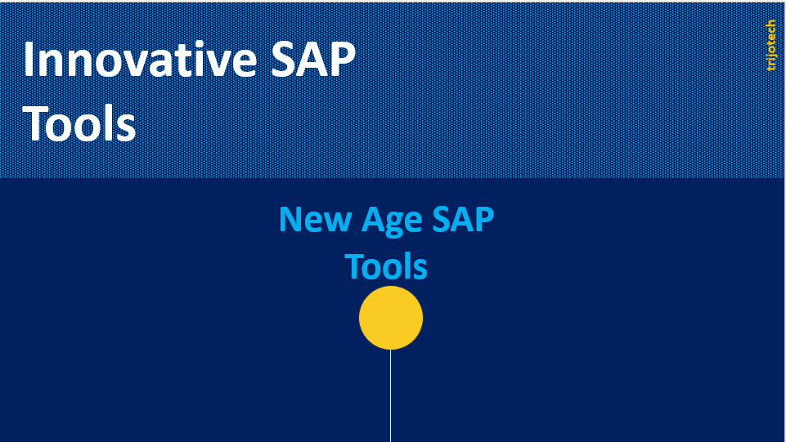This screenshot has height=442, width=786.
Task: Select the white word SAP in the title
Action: tap(313, 60)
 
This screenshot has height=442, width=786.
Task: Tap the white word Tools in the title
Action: tap(79, 123)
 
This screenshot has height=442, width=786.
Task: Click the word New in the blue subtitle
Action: tap(315, 219)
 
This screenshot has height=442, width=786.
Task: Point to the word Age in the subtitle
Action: tap(392, 221)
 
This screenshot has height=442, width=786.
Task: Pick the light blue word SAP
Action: tap(463, 219)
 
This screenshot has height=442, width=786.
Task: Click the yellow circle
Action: tap(391, 318)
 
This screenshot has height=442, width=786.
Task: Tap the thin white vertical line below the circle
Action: tap(390, 396)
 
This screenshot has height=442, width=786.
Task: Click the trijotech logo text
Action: tap(771, 45)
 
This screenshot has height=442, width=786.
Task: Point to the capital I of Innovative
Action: tap(28, 60)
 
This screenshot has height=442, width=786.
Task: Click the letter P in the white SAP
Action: tap(343, 60)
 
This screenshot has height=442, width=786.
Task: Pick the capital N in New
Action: tap(290, 219)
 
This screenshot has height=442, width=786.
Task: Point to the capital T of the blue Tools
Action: tap(354, 266)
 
